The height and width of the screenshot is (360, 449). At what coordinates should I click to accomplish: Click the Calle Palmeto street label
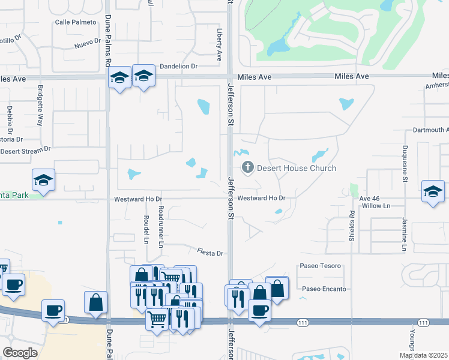(x=76, y=22)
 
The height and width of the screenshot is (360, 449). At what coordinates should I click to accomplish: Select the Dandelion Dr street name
(x=178, y=66)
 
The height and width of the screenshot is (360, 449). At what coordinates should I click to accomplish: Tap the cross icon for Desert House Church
(x=247, y=168)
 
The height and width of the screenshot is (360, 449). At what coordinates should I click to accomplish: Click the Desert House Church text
(x=297, y=169)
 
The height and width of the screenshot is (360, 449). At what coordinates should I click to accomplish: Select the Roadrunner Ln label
(x=161, y=226)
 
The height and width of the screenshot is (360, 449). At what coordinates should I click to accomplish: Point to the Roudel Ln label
(x=146, y=230)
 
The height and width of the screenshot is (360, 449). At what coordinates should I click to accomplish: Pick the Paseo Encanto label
(x=324, y=289)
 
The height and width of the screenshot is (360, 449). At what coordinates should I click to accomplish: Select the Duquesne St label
(x=405, y=164)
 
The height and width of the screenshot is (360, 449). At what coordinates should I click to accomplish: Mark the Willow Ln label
(x=375, y=205)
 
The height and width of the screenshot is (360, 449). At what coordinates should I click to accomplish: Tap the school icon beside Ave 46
(x=433, y=191)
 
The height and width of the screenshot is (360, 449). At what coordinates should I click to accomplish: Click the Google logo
(x=20, y=353)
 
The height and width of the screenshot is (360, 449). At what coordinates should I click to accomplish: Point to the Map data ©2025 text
(x=423, y=355)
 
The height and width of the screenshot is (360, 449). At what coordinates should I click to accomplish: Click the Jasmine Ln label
(x=405, y=235)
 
